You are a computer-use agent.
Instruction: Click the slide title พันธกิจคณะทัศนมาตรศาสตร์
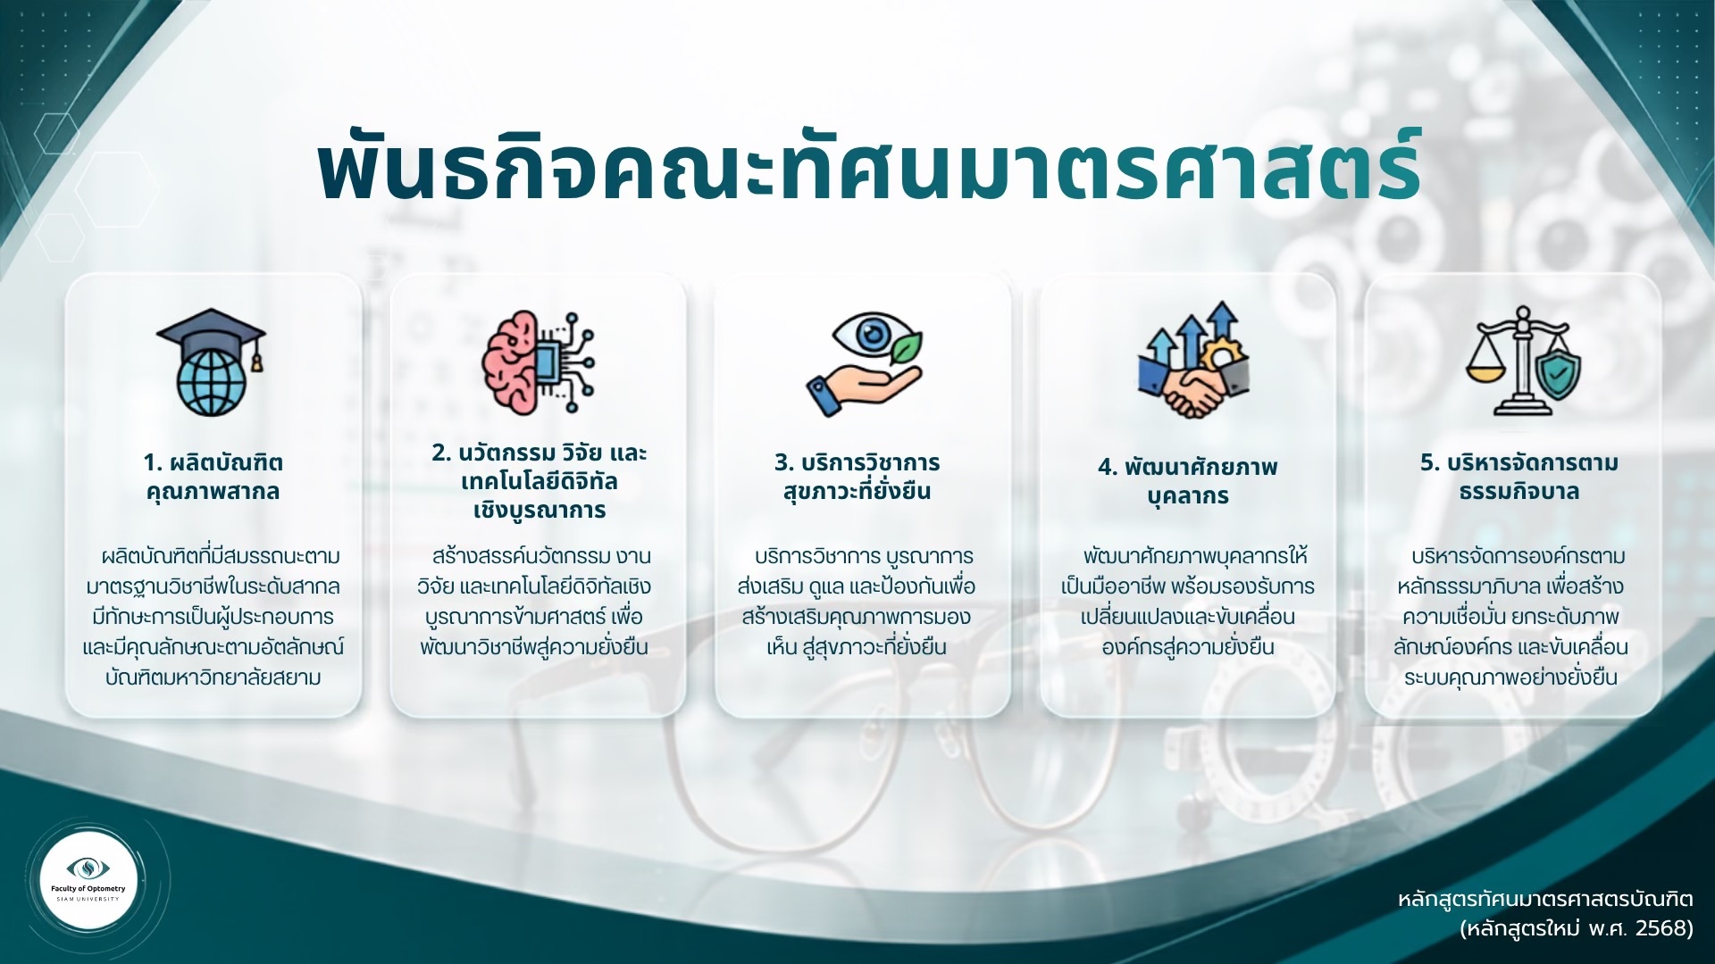(x=868, y=168)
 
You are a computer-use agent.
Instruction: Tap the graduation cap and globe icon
(x=212, y=361)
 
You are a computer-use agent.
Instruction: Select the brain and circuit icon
(x=539, y=361)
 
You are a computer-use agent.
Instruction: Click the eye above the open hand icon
(x=869, y=336)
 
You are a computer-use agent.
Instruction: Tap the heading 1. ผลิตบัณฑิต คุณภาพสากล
(x=213, y=477)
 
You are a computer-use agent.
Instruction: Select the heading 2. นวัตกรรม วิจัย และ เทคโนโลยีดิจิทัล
(x=539, y=481)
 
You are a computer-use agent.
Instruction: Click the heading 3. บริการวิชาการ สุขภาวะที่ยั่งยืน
(x=857, y=477)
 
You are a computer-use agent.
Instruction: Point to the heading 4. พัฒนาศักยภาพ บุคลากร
(x=1188, y=481)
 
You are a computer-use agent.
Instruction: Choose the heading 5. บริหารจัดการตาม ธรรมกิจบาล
(x=1519, y=477)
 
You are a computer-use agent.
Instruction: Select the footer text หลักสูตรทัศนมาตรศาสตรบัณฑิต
(x=1545, y=898)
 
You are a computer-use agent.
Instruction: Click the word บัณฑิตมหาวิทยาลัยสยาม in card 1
(x=213, y=677)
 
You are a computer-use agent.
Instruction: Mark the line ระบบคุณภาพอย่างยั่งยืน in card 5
(x=1510, y=677)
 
